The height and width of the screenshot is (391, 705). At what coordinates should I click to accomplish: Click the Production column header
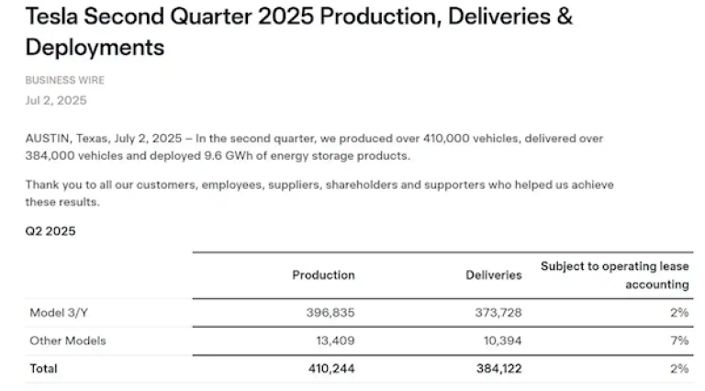tap(323, 274)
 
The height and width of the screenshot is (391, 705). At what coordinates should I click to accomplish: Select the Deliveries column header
tap(493, 274)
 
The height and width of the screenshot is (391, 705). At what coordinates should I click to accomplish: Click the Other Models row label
tap(67, 341)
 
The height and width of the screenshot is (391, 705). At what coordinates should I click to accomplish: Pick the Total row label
tap(43, 368)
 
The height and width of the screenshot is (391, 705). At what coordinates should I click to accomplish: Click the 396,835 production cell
tap(330, 312)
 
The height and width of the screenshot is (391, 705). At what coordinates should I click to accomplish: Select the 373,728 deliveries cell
tap(497, 312)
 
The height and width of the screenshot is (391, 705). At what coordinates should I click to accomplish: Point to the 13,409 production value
tap(334, 341)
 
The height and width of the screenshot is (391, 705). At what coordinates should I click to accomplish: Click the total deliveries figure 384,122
tap(497, 368)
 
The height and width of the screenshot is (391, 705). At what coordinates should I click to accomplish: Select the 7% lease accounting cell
tap(679, 341)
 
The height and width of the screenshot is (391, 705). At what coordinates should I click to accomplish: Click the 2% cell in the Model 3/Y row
tap(679, 312)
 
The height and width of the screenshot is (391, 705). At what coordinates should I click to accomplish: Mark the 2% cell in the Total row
tap(679, 368)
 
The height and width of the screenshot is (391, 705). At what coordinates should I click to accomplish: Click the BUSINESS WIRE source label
tap(64, 81)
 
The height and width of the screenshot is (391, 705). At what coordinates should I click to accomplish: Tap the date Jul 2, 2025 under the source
tap(56, 100)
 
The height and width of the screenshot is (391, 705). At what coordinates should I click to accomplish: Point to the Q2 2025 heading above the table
tap(50, 231)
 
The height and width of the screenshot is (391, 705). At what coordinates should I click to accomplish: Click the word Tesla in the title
tap(52, 17)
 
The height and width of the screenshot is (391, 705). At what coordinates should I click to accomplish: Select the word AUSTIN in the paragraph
tap(46, 139)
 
